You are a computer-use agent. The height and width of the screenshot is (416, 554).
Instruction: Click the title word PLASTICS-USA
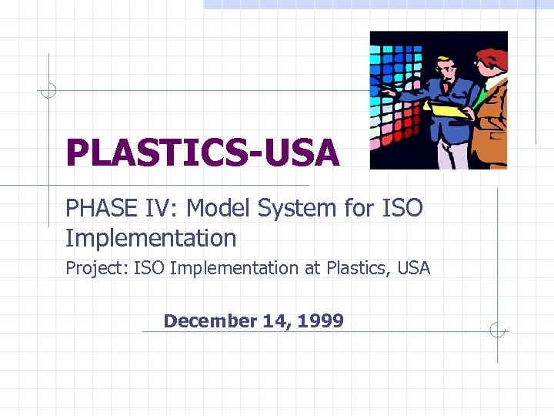tap(202, 153)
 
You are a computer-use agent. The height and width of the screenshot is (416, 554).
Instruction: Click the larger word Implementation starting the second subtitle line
tap(151, 238)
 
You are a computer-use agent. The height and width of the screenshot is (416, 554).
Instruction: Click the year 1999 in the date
tap(324, 320)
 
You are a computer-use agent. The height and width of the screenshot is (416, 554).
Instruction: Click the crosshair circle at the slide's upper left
tap(48, 91)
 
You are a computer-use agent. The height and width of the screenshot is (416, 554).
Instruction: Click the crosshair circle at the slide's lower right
tap(498, 331)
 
